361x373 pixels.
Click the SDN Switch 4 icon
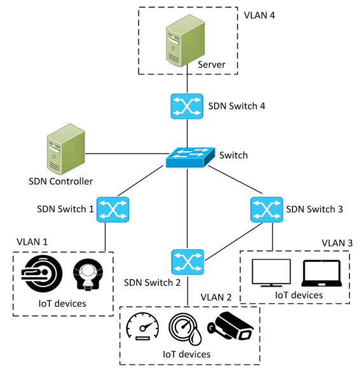187,106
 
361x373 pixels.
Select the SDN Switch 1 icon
112,210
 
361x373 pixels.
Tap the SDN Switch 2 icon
187,262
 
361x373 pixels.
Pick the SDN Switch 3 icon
267,210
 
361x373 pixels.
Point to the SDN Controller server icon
66,149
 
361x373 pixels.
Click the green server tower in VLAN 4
185,41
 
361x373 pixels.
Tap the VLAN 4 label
259,15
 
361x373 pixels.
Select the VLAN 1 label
32,242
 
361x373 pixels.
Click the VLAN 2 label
216,297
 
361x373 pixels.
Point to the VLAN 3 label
337,243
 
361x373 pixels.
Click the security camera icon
230,326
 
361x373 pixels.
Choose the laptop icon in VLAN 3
322,273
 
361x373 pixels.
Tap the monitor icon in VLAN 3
271,273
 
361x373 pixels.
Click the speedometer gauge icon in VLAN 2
142,326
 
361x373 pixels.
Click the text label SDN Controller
60,182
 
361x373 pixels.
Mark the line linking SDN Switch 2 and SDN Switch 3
234,241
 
